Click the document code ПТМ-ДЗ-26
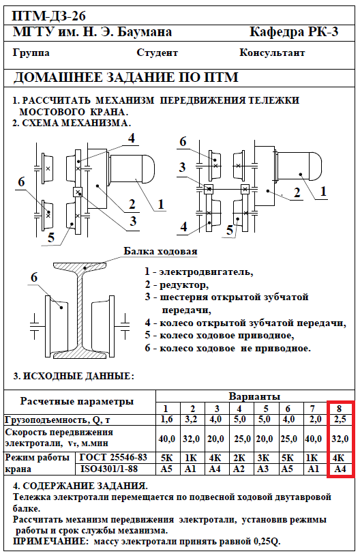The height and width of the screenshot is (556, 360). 49,16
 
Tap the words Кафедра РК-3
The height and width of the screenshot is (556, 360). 294,32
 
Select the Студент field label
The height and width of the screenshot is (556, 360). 157,53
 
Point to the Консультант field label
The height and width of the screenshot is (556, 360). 272,53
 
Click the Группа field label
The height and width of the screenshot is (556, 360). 31,53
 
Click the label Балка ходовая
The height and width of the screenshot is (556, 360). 160,251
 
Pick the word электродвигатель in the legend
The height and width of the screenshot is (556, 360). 206,272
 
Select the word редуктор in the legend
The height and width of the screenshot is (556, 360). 184,284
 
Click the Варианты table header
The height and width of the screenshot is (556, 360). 254,396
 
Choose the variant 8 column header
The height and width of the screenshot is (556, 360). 339,409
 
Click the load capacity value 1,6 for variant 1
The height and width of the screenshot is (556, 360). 166,420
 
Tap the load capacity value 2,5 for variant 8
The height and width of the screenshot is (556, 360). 340,420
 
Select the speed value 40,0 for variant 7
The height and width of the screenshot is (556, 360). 313,439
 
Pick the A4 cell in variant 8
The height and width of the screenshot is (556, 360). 340,469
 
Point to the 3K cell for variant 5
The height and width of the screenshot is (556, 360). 263,458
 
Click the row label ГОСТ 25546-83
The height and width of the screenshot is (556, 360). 113,457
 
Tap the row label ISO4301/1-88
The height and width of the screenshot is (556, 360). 109,469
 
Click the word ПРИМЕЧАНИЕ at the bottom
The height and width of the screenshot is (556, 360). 49,542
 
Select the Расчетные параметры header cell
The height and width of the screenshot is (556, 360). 77,401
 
